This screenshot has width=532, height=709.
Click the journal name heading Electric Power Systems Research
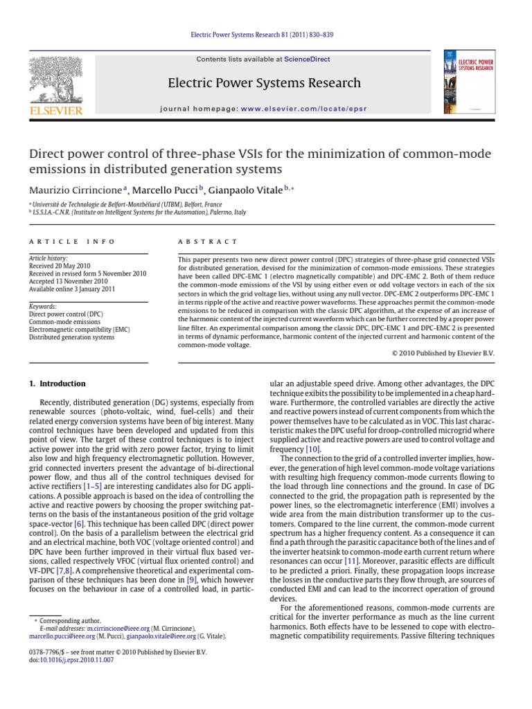click(x=265, y=84)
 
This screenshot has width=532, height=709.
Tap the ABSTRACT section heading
click(x=198, y=242)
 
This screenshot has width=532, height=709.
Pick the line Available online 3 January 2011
click(x=71, y=289)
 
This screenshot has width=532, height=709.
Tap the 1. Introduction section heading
click(x=57, y=384)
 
